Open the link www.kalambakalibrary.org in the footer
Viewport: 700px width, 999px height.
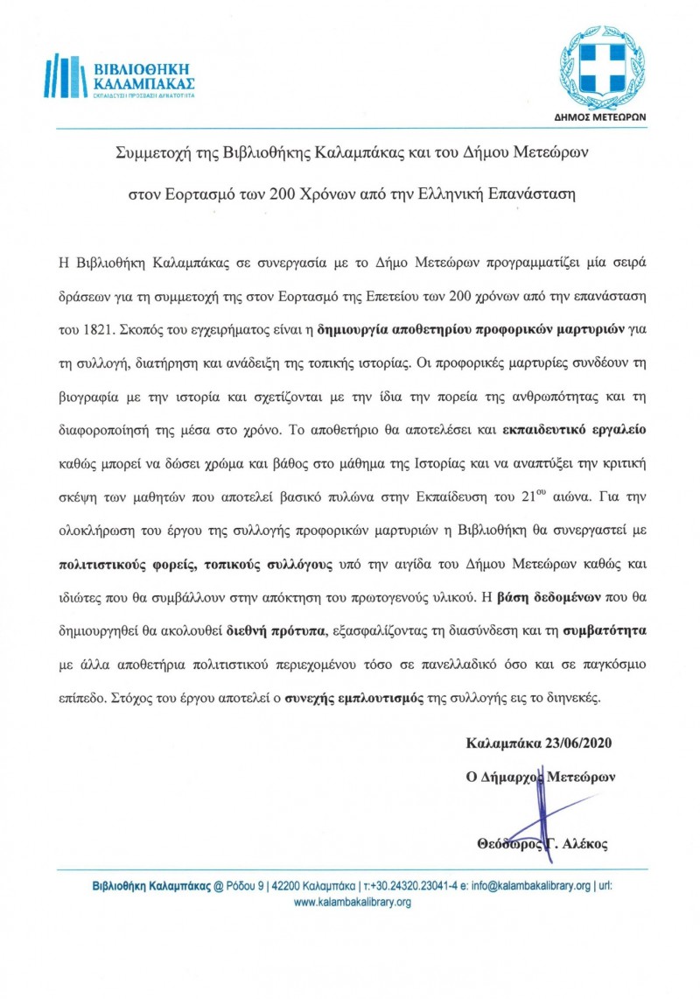tap(352, 902)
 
